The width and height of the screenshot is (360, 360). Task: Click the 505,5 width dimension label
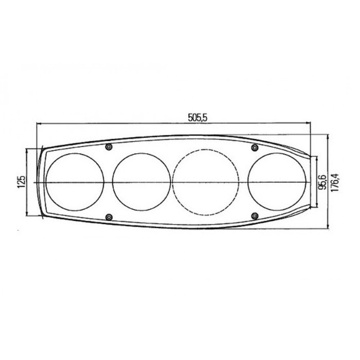197,118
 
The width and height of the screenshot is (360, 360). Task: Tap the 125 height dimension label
21,182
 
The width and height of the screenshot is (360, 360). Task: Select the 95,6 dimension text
322,182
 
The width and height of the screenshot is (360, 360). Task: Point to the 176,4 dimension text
335,182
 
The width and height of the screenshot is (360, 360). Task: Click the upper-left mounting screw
108,148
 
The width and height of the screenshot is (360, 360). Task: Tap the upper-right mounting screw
254,148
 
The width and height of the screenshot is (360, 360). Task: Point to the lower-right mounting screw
254,216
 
